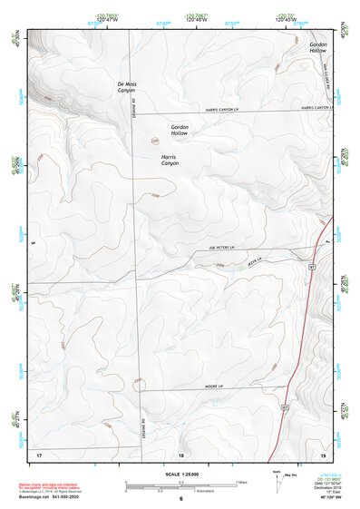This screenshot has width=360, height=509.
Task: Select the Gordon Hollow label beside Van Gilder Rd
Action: [317, 47]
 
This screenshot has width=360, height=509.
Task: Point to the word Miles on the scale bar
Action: [240, 482]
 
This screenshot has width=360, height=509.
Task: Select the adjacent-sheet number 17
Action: [38, 453]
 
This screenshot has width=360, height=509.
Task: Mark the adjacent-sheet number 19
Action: [323, 453]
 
